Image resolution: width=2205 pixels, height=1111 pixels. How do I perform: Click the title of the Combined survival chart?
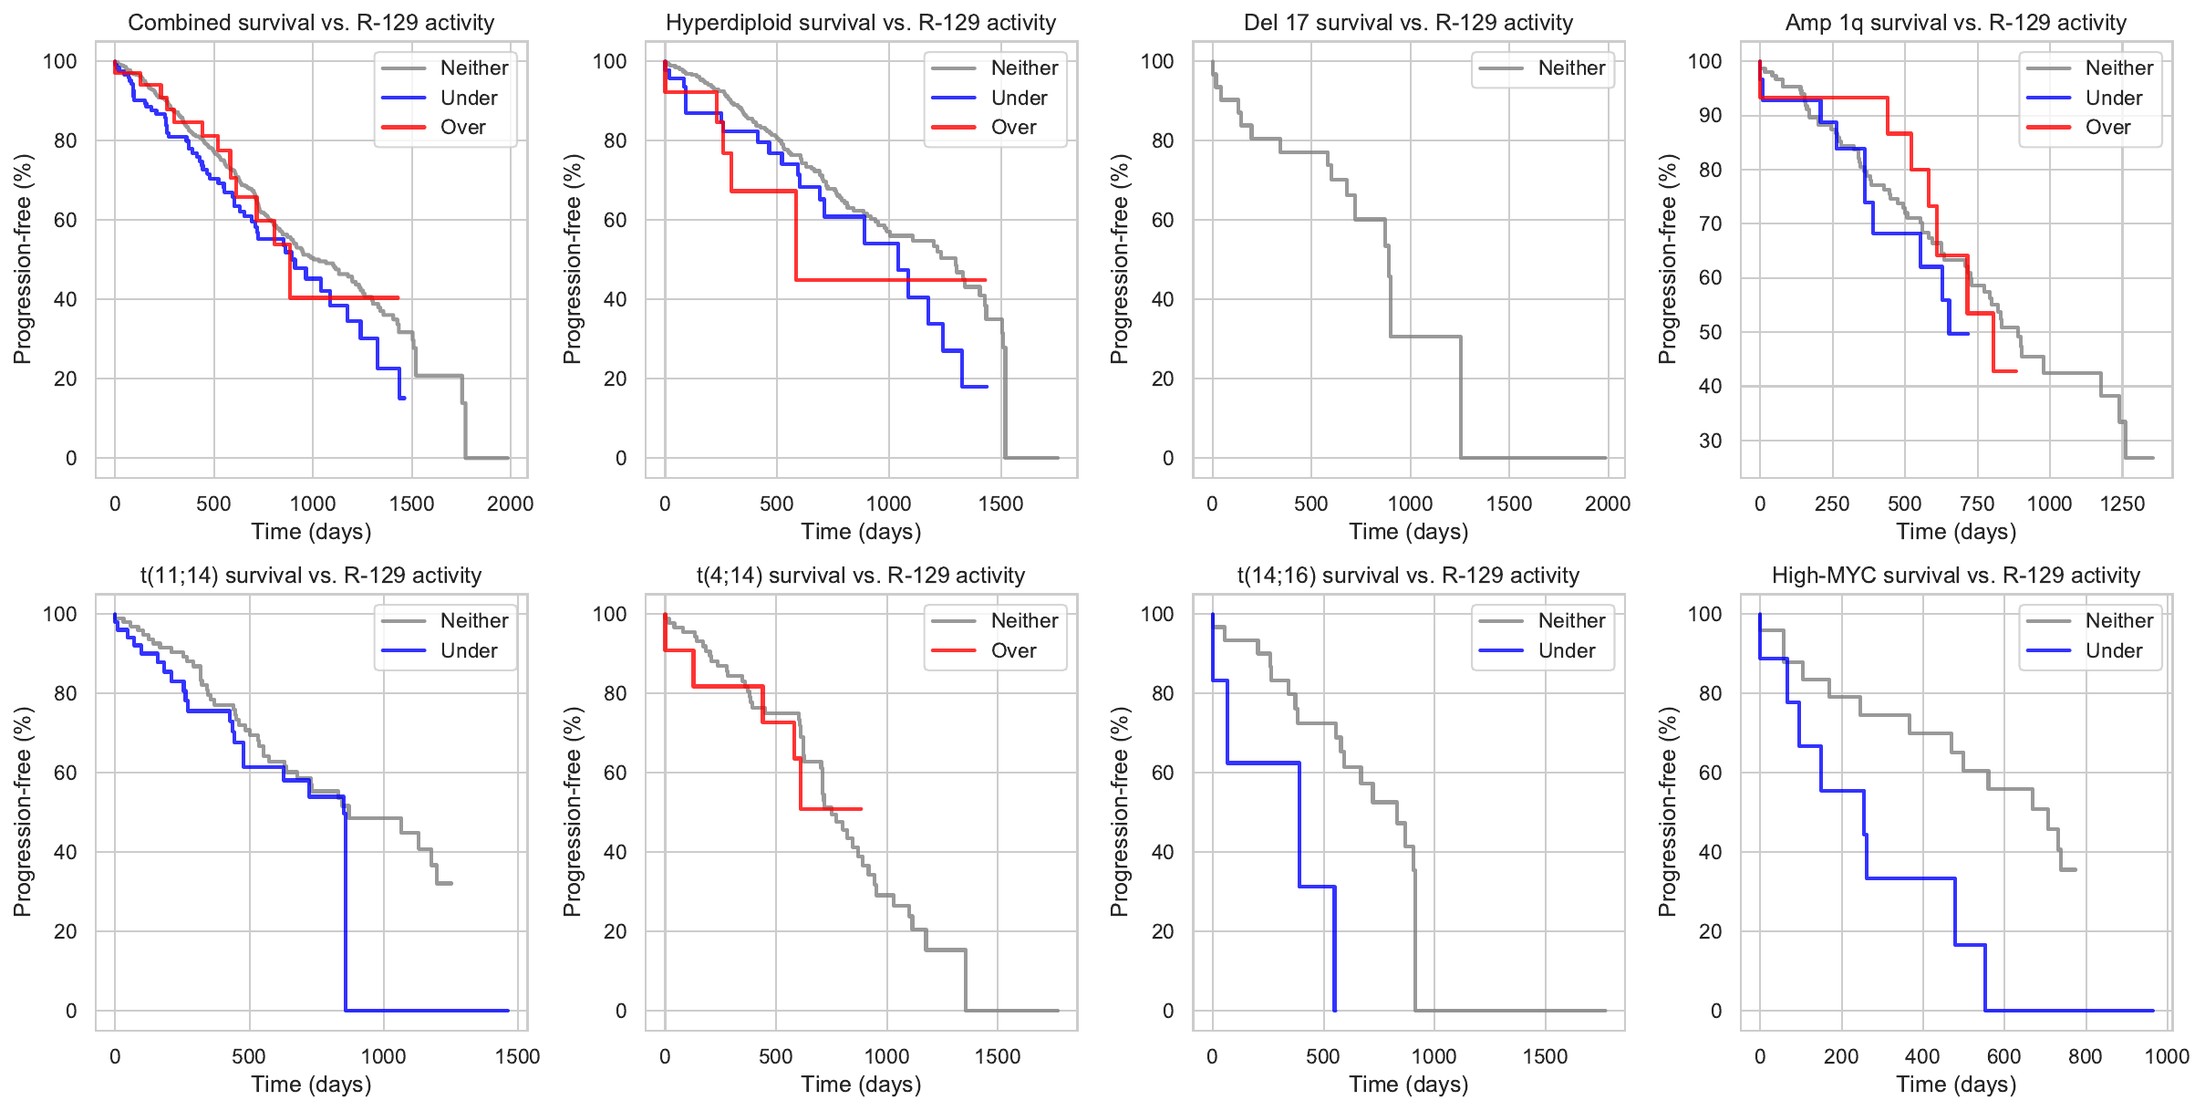311,23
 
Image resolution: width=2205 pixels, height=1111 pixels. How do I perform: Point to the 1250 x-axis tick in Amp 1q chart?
2122,504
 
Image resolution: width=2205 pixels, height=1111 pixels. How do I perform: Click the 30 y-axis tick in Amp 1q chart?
1710,441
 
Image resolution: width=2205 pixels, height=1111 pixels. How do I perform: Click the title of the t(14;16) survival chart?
1408,576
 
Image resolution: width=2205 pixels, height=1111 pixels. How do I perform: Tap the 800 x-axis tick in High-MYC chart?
2086,1056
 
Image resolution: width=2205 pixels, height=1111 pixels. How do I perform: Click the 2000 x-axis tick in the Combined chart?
510,504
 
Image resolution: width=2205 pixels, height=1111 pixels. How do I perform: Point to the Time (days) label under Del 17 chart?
1408,532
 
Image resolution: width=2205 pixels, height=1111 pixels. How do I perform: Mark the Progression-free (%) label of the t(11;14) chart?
23,812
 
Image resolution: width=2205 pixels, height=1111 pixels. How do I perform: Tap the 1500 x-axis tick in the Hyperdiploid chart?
1000,504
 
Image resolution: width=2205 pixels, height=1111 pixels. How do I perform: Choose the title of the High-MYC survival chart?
1955,576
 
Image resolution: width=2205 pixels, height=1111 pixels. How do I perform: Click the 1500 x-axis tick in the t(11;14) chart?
517,1056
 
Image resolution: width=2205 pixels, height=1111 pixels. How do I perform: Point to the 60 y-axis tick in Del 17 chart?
1163,220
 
